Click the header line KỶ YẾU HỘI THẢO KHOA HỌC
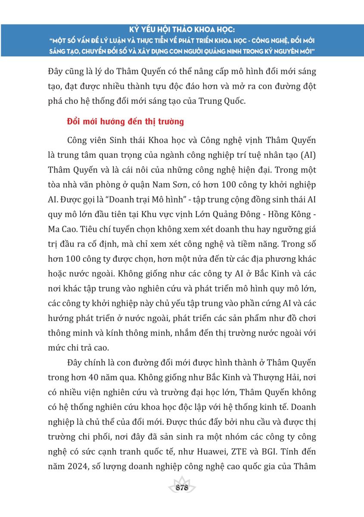[182, 31]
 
